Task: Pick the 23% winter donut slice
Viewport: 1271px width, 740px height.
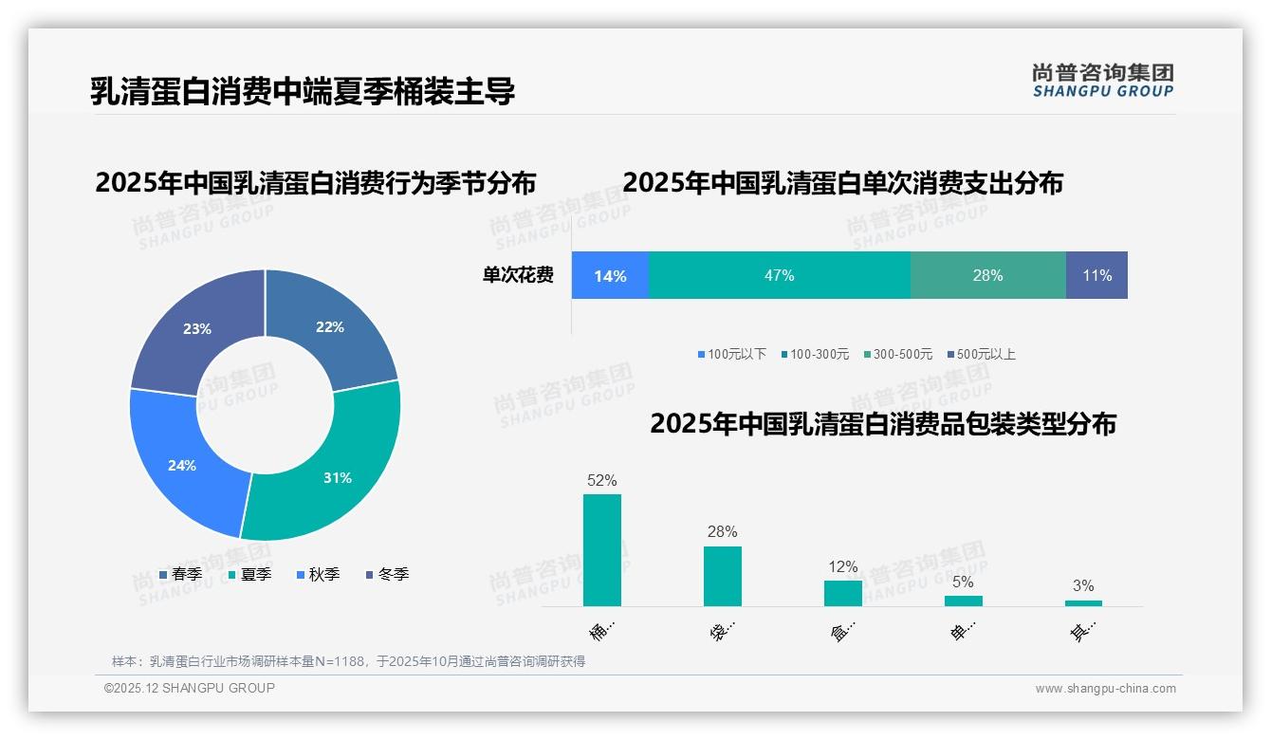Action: (194, 327)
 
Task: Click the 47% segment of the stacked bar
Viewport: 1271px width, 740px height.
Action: (779, 275)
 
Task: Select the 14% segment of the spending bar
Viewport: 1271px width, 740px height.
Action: (610, 275)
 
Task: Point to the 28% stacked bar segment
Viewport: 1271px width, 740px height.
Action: (987, 275)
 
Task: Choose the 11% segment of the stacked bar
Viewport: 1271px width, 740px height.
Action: (1096, 275)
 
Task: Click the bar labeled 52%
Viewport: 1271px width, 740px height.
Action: (601, 550)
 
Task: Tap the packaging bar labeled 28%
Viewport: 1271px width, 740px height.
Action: (722, 576)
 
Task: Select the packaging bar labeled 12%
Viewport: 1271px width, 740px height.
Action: (842, 593)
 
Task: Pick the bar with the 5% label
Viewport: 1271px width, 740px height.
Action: (963, 601)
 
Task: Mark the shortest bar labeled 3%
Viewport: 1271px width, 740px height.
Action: (1083, 602)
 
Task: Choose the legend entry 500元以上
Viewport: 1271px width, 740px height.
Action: (985, 354)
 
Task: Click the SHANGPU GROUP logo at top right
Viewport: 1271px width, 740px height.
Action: (1102, 81)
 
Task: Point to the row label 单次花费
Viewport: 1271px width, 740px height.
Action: (518, 275)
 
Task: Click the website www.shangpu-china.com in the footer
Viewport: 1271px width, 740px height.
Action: (1105, 689)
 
